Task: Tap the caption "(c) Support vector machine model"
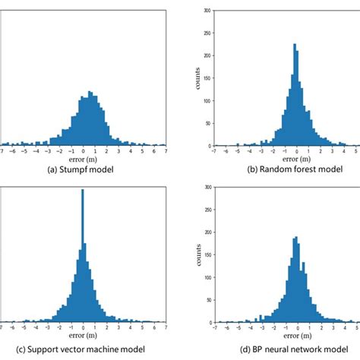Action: (83, 349)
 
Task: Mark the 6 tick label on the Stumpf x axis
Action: (153, 150)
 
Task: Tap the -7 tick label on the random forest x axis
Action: (215, 150)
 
